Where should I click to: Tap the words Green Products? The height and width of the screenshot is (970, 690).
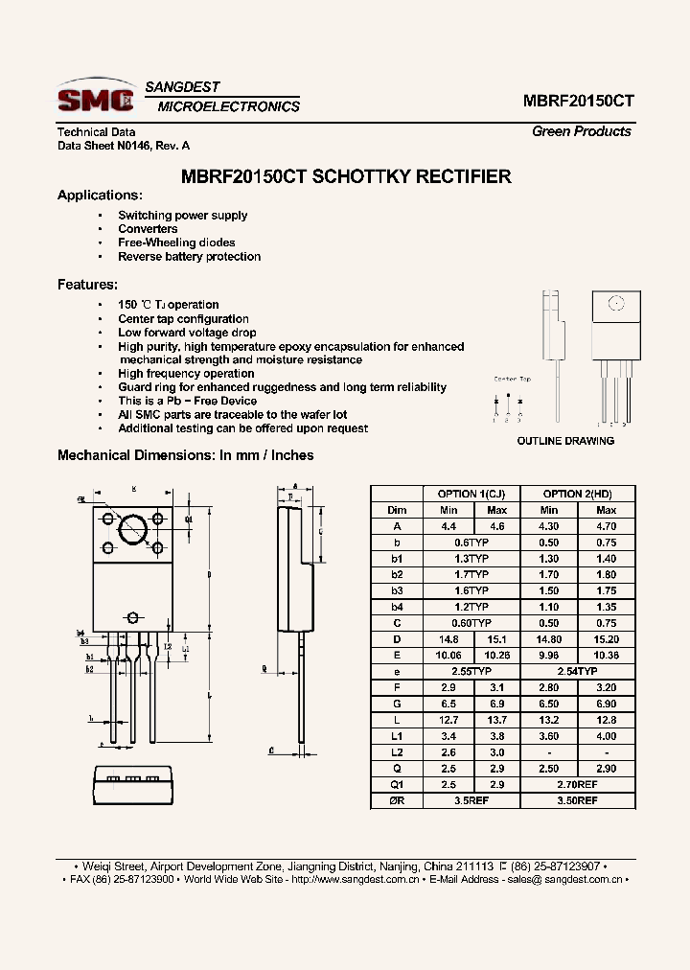click(581, 132)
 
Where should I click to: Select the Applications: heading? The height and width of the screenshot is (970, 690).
click(100, 196)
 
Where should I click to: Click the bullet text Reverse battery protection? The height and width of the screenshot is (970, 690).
click(189, 257)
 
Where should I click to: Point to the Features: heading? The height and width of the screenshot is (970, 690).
click(87, 285)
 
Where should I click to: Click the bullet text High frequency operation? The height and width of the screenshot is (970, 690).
click(186, 374)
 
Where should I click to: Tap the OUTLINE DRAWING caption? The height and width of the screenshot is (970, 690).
click(565, 441)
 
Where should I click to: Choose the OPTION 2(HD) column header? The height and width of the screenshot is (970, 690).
click(577, 494)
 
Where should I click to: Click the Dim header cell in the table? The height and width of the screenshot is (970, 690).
click(397, 510)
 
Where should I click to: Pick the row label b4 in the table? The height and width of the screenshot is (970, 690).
click(397, 607)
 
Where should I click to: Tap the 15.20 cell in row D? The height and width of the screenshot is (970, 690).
click(606, 639)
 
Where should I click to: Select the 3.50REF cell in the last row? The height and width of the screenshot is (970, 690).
click(577, 800)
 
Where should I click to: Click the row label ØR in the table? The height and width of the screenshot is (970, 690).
click(397, 800)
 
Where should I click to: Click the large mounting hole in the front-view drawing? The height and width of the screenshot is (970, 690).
click(132, 530)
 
